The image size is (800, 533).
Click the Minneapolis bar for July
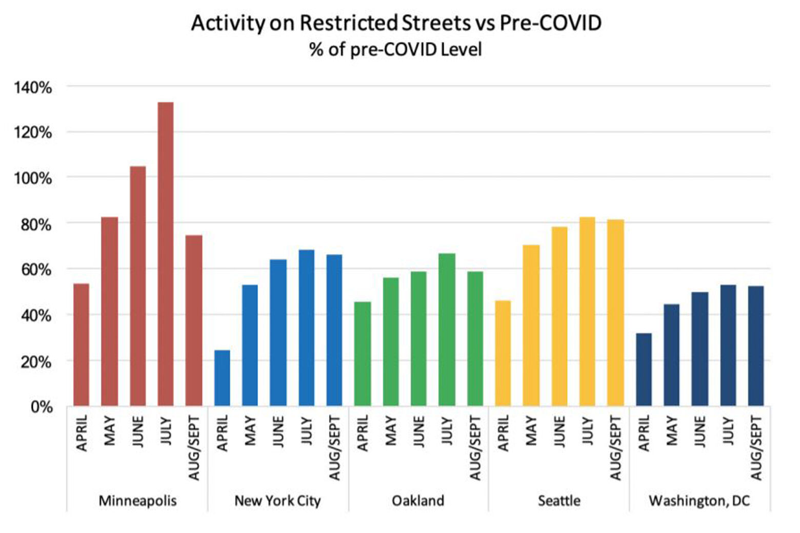click(166, 254)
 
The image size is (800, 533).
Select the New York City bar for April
click(222, 378)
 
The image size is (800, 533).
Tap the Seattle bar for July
click(587, 312)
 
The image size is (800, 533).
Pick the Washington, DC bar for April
click(644, 370)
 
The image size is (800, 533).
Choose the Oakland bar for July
click(447, 330)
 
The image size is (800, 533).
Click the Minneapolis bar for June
click(138, 286)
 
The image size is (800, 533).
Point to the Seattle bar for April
click(503, 354)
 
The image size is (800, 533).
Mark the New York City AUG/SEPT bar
click(334, 330)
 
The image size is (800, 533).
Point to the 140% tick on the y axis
click(32, 88)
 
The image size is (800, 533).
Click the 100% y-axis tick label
click(32, 179)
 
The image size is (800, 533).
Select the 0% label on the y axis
click(42, 407)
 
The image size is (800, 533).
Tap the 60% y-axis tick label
click(36, 270)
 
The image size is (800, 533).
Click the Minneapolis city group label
click(137, 501)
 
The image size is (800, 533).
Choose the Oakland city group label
click(418, 501)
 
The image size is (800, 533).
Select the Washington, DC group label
click(699, 501)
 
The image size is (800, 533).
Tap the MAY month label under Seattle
click(531, 431)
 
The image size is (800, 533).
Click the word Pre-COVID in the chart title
click(550, 23)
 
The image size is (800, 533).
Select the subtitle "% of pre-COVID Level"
click(396, 50)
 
